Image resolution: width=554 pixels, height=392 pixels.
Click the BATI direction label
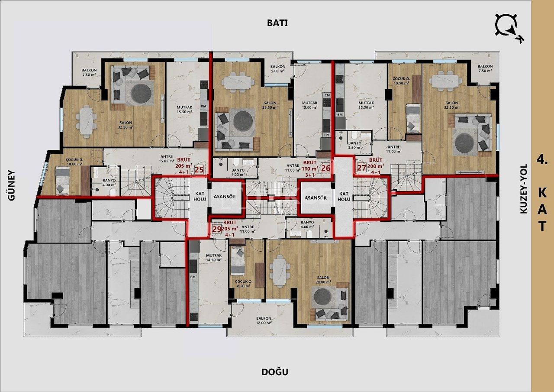[x=277, y=23]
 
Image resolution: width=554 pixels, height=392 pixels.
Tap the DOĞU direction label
[x=275, y=372]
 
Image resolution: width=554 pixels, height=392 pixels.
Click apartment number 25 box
[x=199, y=169]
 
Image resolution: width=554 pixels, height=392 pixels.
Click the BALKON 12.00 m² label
[x=263, y=321]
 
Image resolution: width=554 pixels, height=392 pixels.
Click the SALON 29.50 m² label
[x=270, y=105]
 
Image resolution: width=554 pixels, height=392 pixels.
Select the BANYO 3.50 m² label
[x=354, y=145]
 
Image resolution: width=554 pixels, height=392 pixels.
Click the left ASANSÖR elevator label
[x=225, y=197]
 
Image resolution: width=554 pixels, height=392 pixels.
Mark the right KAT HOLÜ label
[x=344, y=197]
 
